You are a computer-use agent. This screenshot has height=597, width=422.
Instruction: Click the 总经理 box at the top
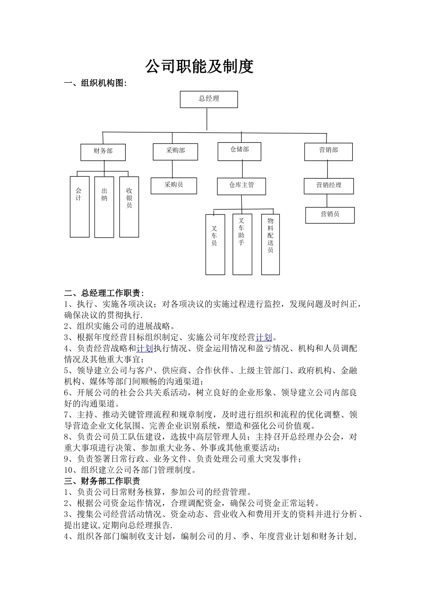[x=208, y=99]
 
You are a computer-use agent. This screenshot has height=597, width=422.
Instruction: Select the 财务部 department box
[x=103, y=152]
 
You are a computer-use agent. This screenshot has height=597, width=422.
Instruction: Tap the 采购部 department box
[x=175, y=151]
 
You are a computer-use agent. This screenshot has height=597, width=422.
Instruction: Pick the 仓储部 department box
[x=239, y=151]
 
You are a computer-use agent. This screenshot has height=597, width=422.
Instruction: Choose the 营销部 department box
[x=328, y=151]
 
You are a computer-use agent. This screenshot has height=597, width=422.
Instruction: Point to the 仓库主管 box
[x=241, y=186]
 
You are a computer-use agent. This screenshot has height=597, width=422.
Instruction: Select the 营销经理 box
[x=329, y=186]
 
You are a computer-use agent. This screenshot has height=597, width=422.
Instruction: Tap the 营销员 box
[x=330, y=215]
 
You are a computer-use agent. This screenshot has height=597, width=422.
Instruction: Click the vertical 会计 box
[x=80, y=207]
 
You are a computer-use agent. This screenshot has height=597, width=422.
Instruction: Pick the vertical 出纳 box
[x=104, y=207]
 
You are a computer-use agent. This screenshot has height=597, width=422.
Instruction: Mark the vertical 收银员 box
[x=129, y=207]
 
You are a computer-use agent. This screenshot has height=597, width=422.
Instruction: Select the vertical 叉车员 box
[x=215, y=244]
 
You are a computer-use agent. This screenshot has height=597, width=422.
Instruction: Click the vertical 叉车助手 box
[x=242, y=244]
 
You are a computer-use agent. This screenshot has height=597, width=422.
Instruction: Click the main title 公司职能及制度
[x=199, y=67]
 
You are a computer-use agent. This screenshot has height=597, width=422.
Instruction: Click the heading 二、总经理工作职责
[x=104, y=293]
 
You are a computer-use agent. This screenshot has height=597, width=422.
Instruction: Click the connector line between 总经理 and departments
[x=207, y=120]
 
